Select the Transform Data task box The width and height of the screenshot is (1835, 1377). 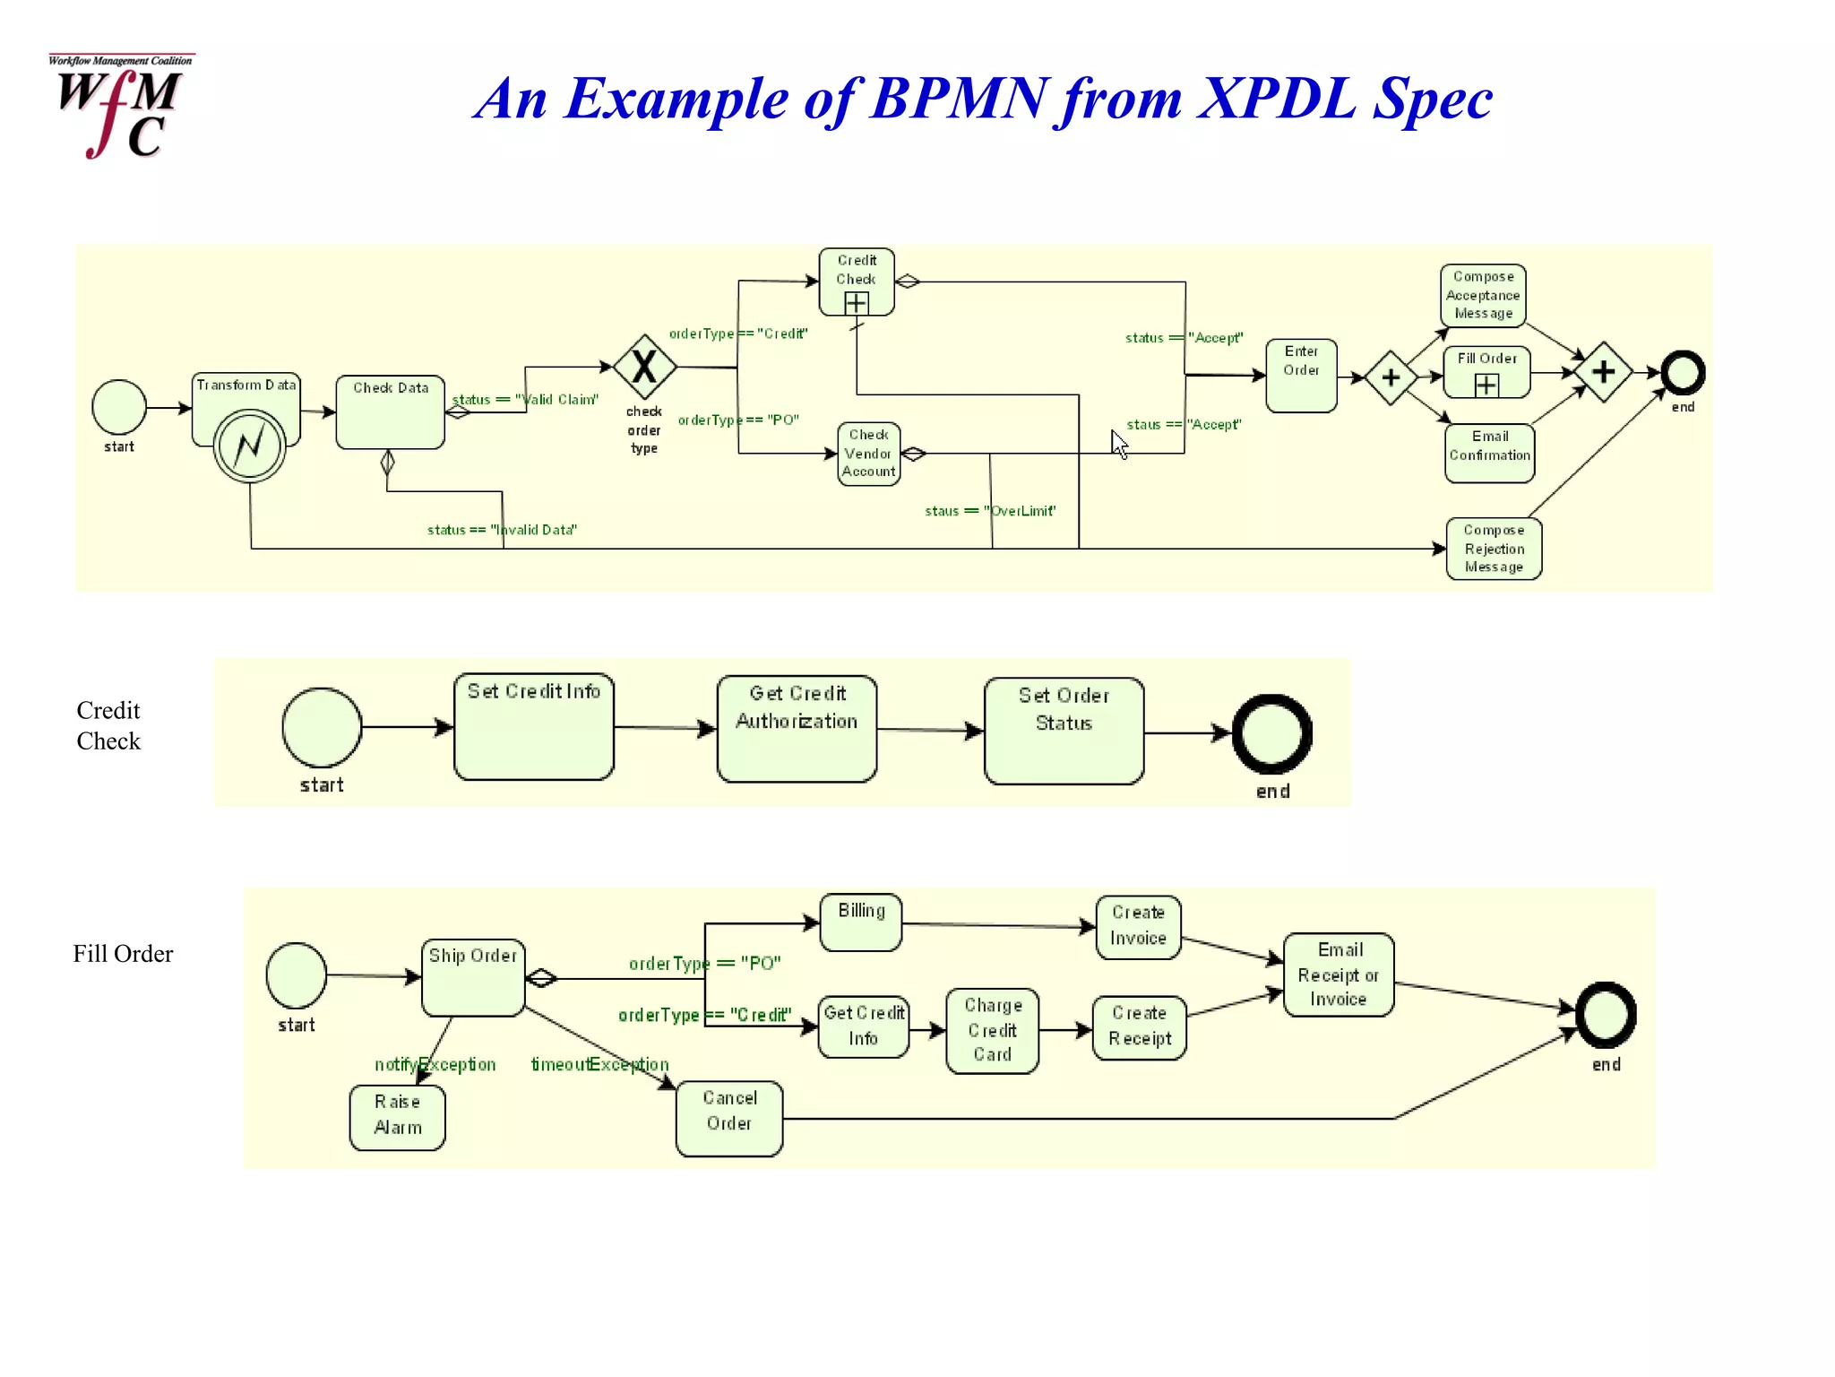[246, 394]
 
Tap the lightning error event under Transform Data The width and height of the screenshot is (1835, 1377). [250, 446]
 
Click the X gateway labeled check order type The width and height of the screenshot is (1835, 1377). [644, 367]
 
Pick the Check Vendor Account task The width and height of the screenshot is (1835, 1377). [869, 454]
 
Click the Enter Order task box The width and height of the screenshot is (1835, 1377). [1301, 375]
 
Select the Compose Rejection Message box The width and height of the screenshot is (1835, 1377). [1494, 549]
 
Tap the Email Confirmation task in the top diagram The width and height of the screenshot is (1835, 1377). [1489, 453]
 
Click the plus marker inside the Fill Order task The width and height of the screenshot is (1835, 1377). [1486, 385]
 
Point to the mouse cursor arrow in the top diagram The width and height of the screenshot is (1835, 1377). [1119, 444]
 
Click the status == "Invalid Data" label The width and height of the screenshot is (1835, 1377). [502, 530]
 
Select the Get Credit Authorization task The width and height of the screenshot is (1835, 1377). [797, 728]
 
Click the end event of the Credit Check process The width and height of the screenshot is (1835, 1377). [1271, 734]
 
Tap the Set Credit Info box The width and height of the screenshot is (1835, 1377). [534, 727]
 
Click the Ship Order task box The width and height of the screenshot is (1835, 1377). [473, 977]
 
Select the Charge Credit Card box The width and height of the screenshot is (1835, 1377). [992, 1030]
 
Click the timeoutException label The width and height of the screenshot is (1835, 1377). [599, 1064]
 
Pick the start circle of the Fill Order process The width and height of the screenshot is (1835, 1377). [297, 975]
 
